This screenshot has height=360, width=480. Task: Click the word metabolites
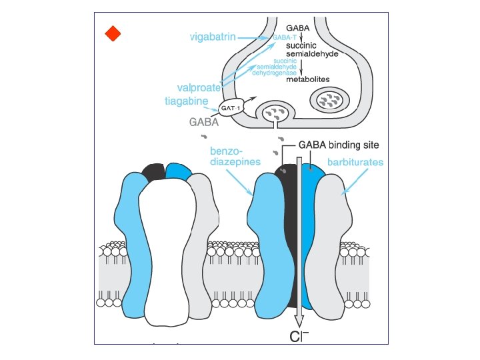(307, 79)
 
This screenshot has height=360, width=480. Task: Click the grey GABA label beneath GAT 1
(204, 122)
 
